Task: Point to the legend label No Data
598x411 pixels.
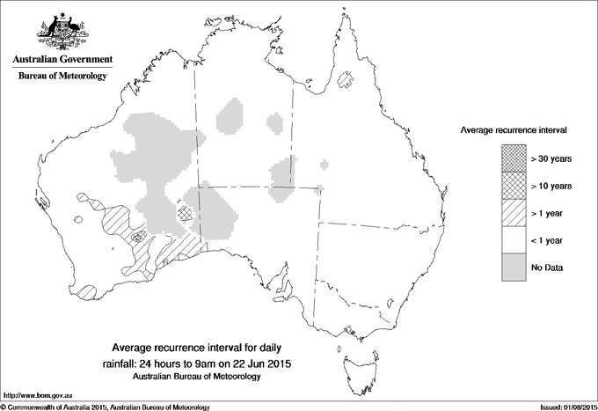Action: tap(546, 267)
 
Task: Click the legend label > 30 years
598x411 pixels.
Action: tap(551, 158)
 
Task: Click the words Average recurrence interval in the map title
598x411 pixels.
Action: tap(176, 348)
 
